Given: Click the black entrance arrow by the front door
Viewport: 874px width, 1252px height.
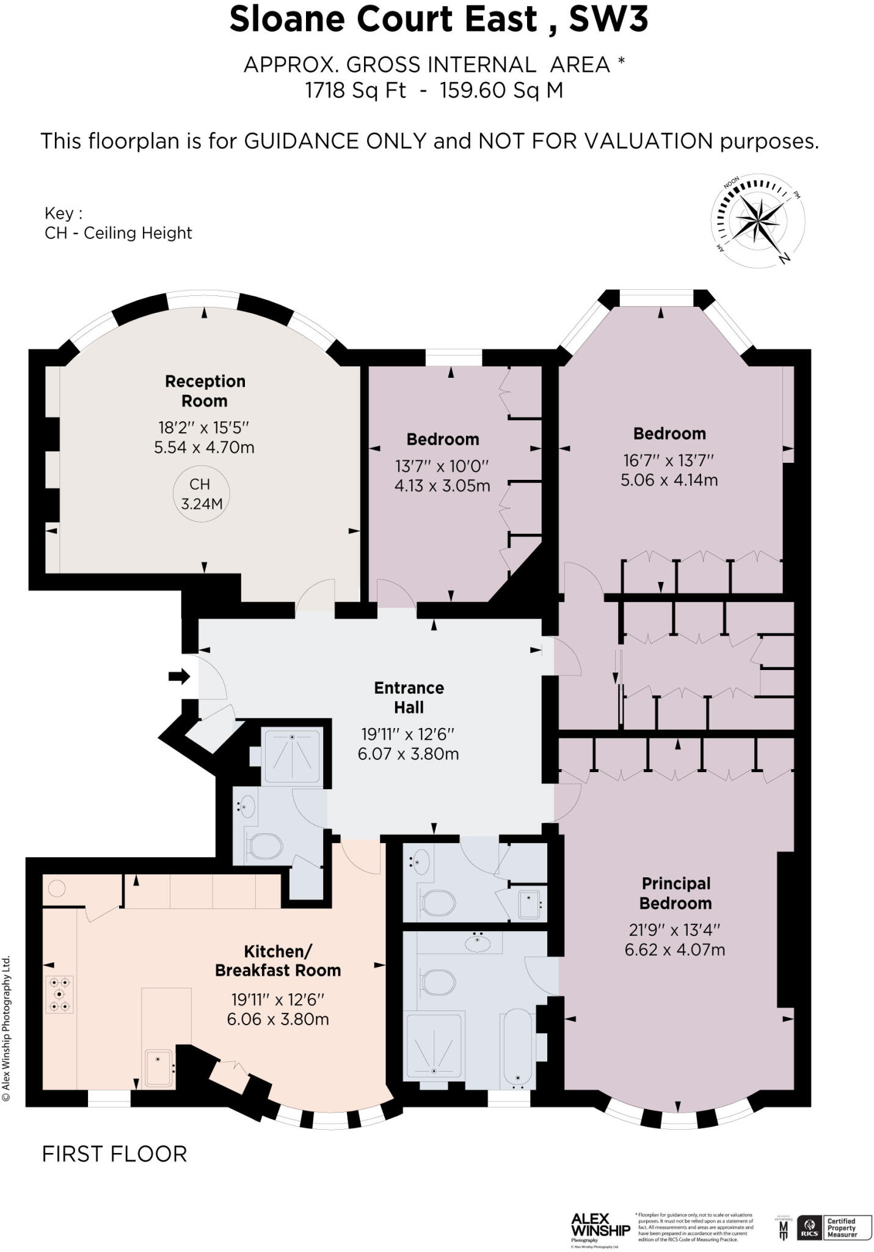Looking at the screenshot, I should pyautogui.click(x=179, y=676).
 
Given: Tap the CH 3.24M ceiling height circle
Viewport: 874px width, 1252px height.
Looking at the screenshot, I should pyautogui.click(x=201, y=493).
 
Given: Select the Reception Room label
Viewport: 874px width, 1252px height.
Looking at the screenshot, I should pyautogui.click(x=205, y=391).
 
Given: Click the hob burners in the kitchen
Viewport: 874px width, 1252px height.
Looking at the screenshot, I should pyautogui.click(x=60, y=994).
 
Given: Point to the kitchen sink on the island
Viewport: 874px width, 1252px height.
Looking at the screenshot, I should pyautogui.click(x=159, y=1066).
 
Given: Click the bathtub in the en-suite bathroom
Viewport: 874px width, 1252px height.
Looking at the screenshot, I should pyautogui.click(x=518, y=1048).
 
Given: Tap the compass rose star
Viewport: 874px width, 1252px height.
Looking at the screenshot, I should pyautogui.click(x=760, y=219).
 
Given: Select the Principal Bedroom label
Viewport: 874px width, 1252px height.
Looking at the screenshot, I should pyautogui.click(x=676, y=893).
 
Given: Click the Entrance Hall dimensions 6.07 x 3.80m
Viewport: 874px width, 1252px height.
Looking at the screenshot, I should pyautogui.click(x=408, y=753).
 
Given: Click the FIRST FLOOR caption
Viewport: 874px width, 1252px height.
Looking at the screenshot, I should pyautogui.click(x=114, y=1154).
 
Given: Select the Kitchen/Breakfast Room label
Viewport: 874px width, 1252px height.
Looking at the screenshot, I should pyautogui.click(x=278, y=960).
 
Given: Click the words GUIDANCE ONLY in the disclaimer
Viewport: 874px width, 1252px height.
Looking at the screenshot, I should pyautogui.click(x=335, y=141).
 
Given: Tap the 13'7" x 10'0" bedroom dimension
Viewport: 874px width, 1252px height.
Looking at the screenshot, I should pyautogui.click(x=442, y=466).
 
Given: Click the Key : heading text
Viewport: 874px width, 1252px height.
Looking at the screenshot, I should pyautogui.click(x=63, y=213).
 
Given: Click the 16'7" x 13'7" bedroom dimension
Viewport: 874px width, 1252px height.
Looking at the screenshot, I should pyautogui.click(x=669, y=460).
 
